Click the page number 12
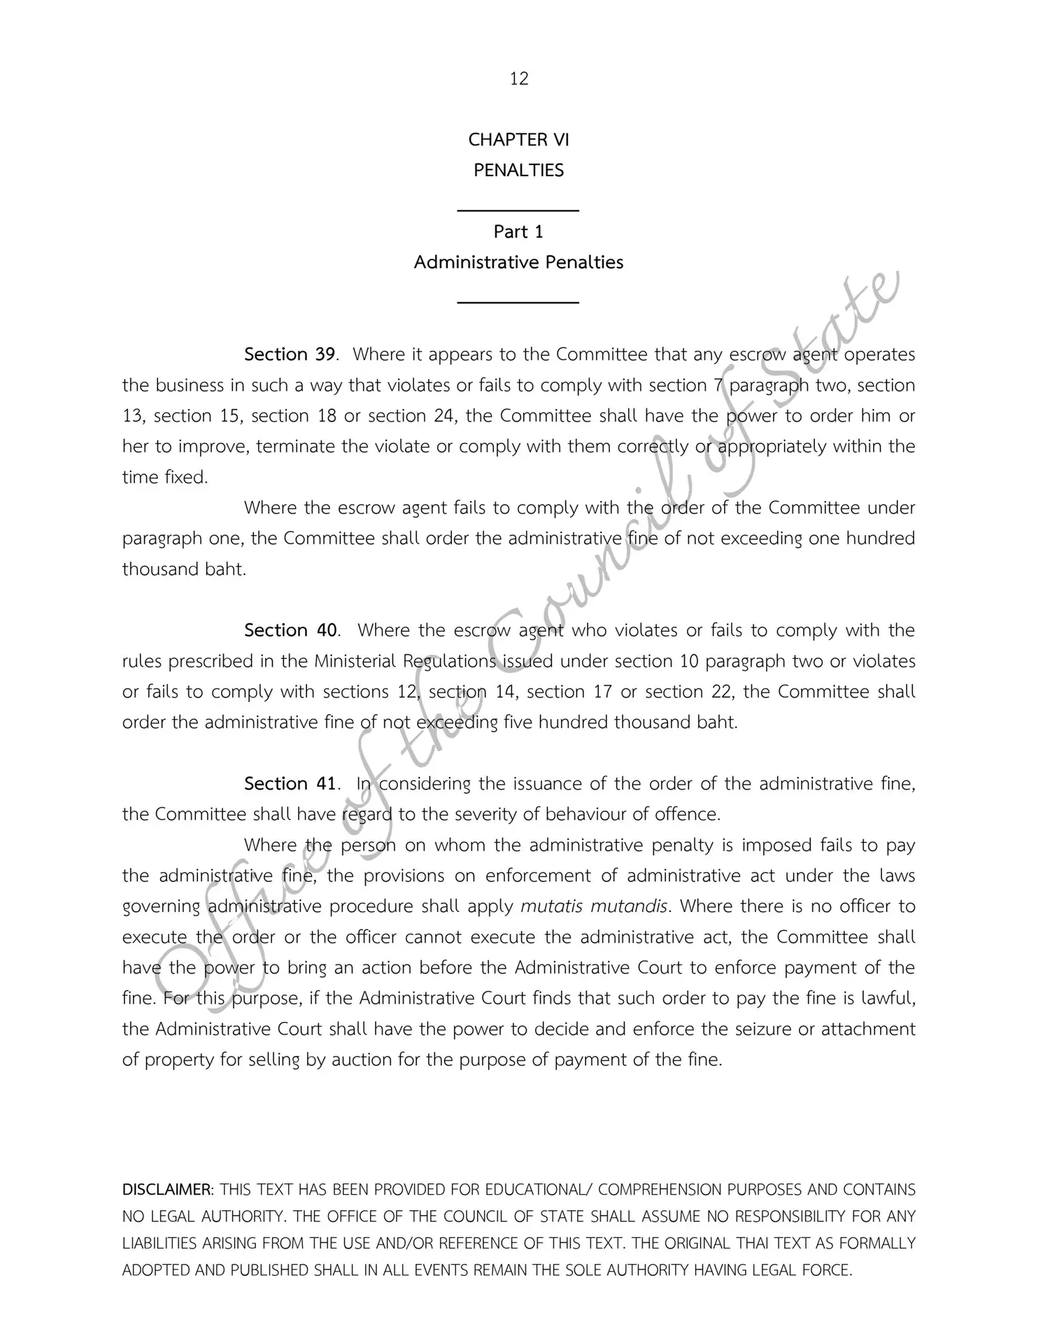[518, 78]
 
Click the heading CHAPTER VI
[518, 140]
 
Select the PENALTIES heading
[518, 171]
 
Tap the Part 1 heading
[518, 232]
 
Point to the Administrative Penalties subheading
[518, 262]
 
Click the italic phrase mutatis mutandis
[594, 907]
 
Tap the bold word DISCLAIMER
[167, 1190]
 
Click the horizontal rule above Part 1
[518, 210]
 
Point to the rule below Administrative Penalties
[518, 302]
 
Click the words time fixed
[165, 478]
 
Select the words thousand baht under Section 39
[183, 569]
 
